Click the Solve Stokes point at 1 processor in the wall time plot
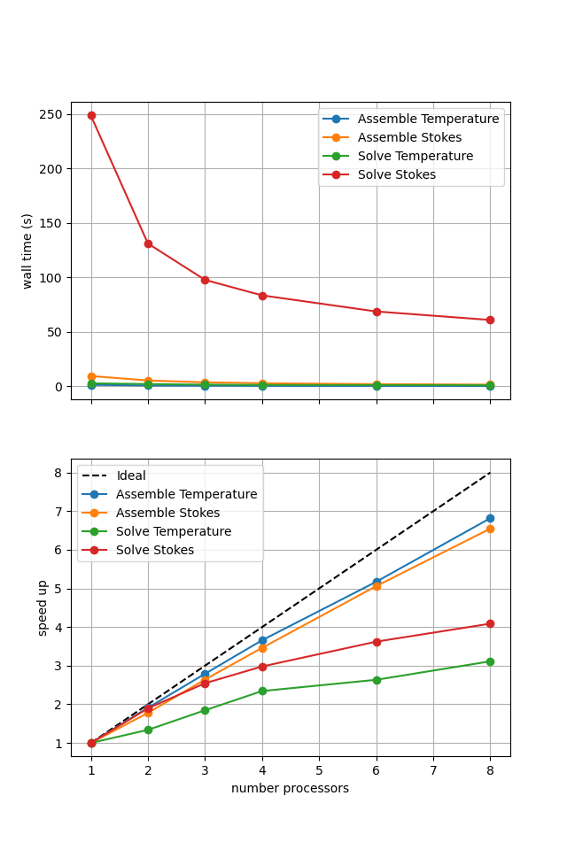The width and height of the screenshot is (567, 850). click(91, 115)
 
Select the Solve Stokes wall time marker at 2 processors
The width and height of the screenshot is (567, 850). click(148, 243)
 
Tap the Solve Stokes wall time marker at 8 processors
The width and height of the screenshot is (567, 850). click(490, 320)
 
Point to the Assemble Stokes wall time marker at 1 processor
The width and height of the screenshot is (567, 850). click(91, 376)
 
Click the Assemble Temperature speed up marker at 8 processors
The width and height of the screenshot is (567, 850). click(490, 518)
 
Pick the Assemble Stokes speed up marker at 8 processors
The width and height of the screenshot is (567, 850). click(490, 529)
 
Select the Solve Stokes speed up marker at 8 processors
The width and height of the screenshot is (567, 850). click(490, 623)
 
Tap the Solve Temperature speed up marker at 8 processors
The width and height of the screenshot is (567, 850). click(490, 661)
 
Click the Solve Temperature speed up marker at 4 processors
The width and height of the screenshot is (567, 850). click(262, 691)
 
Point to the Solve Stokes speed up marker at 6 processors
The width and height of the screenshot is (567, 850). click(377, 642)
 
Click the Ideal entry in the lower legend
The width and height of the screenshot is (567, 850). click(131, 476)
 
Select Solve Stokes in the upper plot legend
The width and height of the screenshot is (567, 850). click(396, 174)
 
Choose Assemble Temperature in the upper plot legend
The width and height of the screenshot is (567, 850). click(415, 119)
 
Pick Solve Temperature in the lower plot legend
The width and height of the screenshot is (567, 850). click(174, 531)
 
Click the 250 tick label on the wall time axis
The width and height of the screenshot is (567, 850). click(49, 114)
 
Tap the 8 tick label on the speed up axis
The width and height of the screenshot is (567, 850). click(58, 473)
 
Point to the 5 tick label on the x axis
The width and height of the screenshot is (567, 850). click(319, 771)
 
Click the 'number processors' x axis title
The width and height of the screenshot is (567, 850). click(290, 788)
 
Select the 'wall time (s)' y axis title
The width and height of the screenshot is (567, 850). click(27, 251)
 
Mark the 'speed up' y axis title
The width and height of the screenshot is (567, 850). click(43, 607)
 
